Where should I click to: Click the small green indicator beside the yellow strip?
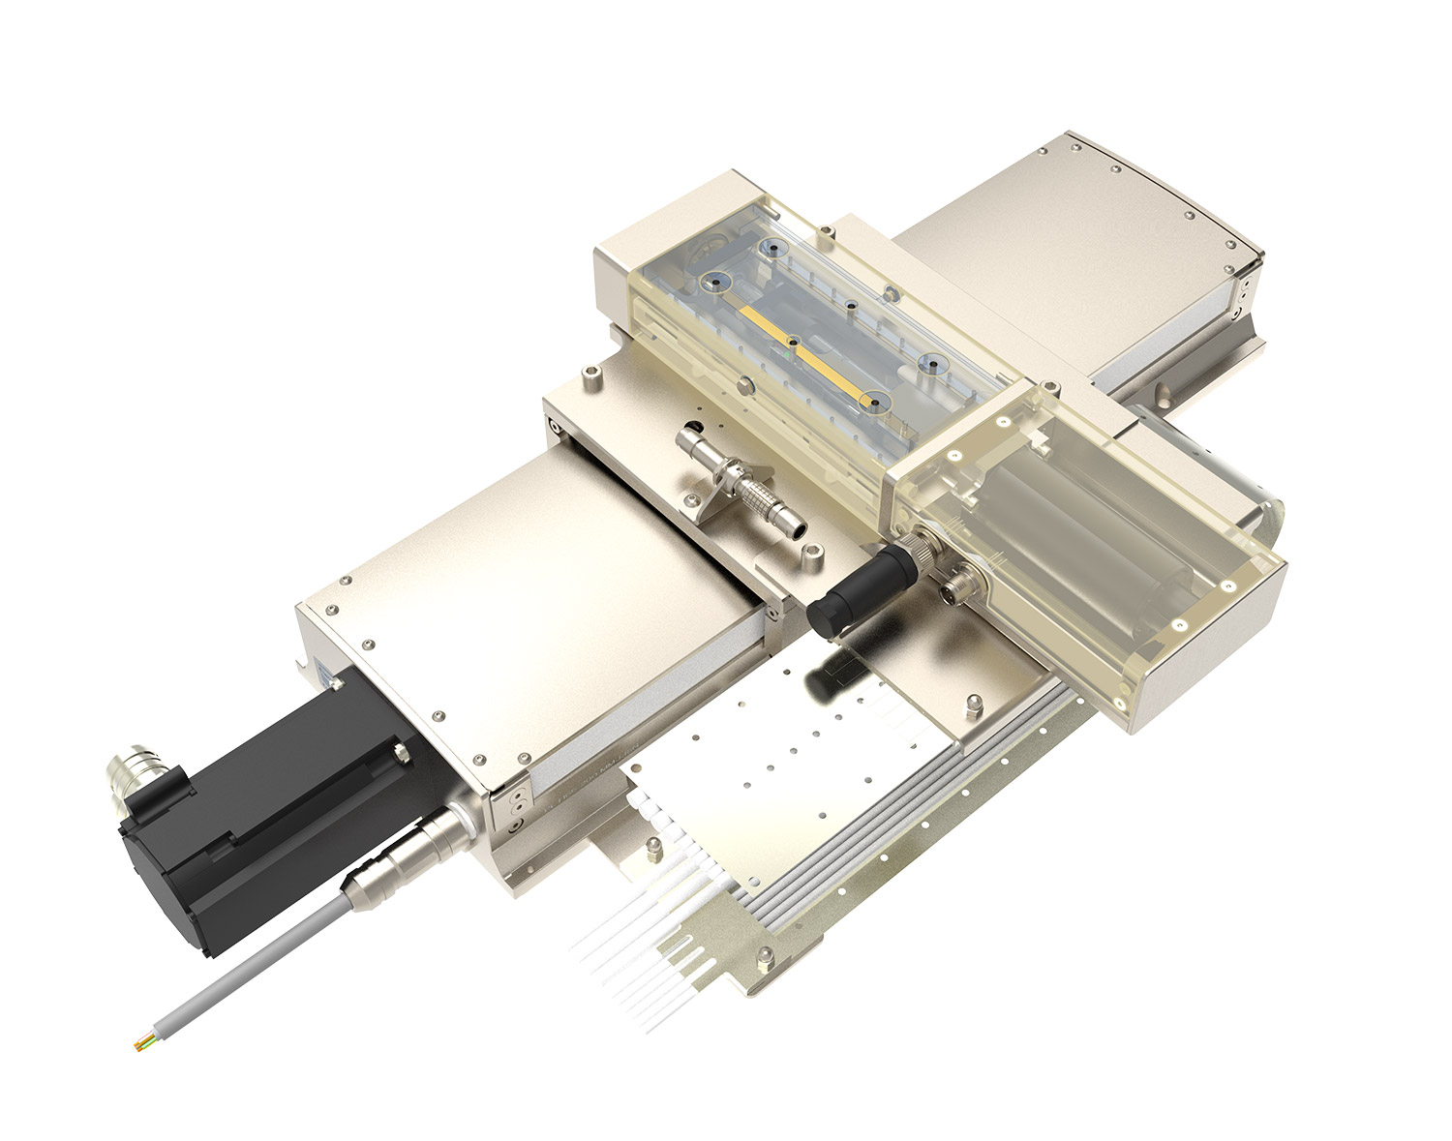tap(796, 355)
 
